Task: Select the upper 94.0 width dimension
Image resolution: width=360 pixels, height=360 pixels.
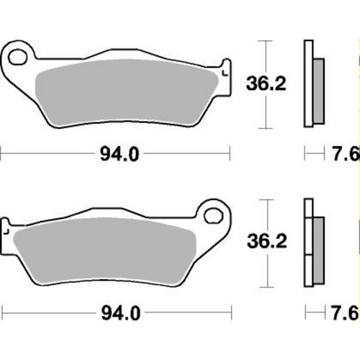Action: point(115,153)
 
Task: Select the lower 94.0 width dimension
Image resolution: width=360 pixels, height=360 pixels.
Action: point(115,315)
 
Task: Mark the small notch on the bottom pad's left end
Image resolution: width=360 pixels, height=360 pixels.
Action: point(6,232)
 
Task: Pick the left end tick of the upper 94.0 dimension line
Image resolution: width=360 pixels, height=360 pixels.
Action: point(1,153)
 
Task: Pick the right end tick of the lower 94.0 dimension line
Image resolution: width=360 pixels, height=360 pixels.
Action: point(230,315)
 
